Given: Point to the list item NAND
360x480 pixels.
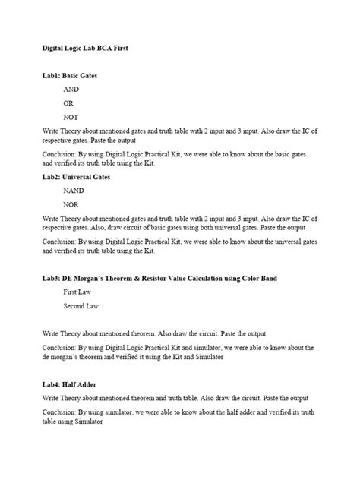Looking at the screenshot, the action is [x=74, y=191].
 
